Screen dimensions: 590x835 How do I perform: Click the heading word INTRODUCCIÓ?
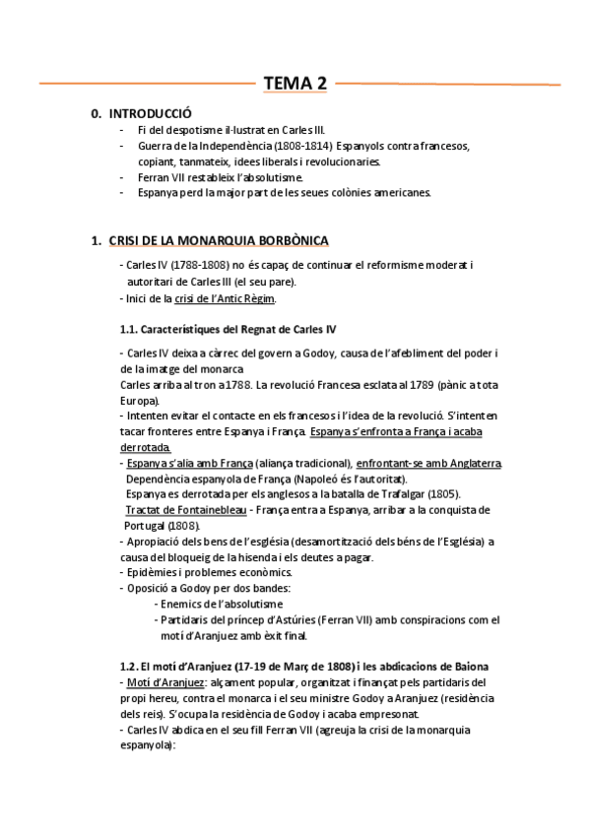click(x=151, y=114)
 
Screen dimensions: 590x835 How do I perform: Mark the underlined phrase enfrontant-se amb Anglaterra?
click(x=429, y=462)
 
